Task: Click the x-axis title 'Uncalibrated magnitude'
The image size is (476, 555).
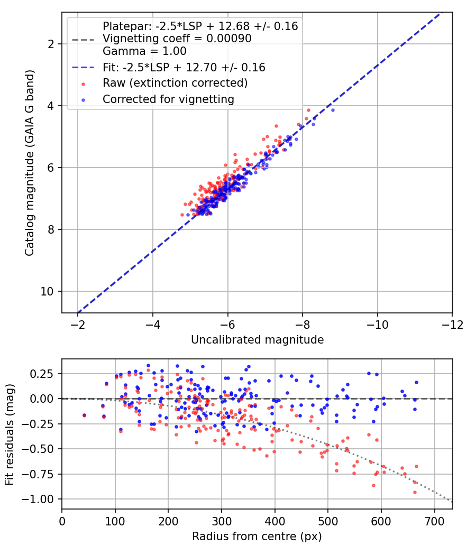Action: click(x=258, y=340)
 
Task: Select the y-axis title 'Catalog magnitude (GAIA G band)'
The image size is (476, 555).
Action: click(x=30, y=163)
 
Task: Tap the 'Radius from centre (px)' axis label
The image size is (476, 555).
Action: click(x=257, y=536)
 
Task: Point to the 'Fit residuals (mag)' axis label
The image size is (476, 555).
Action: click(x=10, y=434)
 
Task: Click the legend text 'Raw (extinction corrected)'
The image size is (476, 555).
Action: click(x=175, y=83)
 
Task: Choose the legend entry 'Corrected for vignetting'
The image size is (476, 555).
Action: click(x=169, y=99)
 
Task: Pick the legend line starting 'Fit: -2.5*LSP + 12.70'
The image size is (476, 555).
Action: click(x=184, y=67)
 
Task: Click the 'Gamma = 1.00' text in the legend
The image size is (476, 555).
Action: click(x=144, y=51)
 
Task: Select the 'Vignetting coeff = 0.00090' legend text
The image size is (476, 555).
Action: click(x=177, y=39)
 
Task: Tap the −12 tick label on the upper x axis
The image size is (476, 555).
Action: click(x=452, y=325)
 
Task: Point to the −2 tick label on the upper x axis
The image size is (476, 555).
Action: click(x=78, y=325)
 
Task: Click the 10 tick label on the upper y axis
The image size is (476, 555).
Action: click(x=47, y=292)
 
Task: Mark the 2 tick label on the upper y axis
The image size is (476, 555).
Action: click(x=51, y=44)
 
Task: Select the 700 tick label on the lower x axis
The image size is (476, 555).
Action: click(x=434, y=521)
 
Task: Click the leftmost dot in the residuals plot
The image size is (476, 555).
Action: click(x=84, y=415)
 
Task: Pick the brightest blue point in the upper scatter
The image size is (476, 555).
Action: click(x=333, y=110)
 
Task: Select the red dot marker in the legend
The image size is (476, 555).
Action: click(x=83, y=84)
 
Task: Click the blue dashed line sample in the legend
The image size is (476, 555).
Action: click(x=83, y=67)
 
